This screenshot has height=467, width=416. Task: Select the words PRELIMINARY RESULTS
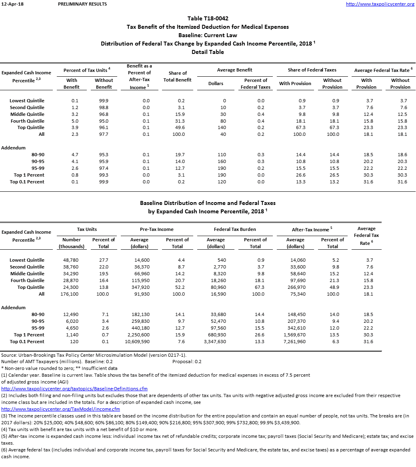(82, 4)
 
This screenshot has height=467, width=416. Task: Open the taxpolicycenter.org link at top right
(380, 4)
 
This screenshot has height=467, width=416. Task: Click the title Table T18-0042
(208, 18)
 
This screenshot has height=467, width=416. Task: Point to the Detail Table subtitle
(208, 52)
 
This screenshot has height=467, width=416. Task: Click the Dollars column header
(216, 83)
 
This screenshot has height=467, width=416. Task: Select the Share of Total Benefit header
(178, 76)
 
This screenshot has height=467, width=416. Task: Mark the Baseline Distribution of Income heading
(208, 203)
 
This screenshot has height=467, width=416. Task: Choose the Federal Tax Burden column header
(235, 229)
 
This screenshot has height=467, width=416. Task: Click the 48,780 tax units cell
(71, 260)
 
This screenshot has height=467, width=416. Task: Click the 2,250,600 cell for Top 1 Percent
(138, 335)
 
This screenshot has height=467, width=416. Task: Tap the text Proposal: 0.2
(187, 362)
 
